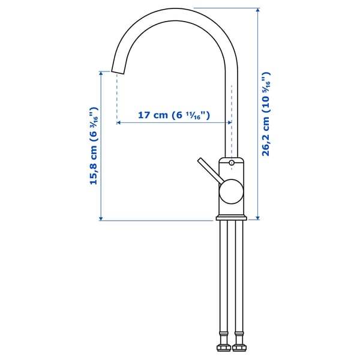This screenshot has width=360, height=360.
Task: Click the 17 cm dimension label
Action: coord(173,115)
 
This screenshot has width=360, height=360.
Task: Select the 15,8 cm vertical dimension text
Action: coord(94,146)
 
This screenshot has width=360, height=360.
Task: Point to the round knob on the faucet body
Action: coord(230,192)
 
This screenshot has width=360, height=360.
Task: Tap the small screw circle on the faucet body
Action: coord(232,162)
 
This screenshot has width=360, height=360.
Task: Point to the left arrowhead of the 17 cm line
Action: coord(119,122)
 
